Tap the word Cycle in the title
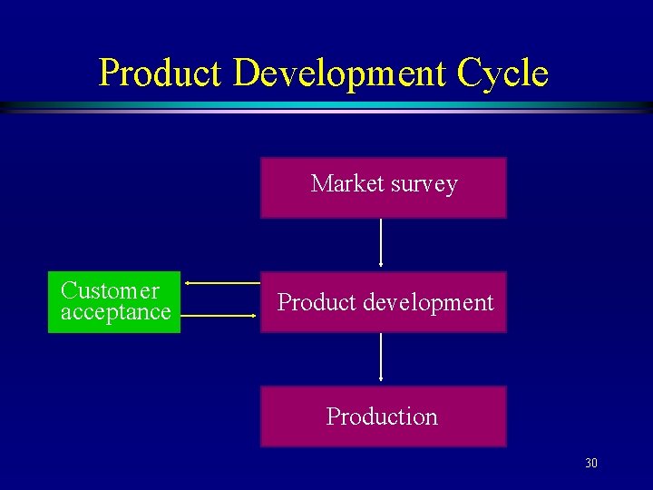pyautogui.click(x=503, y=73)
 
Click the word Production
pyautogui.click(x=382, y=416)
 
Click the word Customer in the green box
pyautogui.click(x=110, y=291)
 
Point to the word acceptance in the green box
pyautogui.click(x=115, y=312)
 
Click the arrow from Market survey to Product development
pyautogui.click(x=381, y=242)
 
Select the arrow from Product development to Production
pyautogui.click(x=381, y=357)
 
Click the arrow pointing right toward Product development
pyautogui.click(x=222, y=316)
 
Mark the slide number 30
pyautogui.click(x=591, y=464)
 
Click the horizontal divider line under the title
pyautogui.click(x=326, y=107)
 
